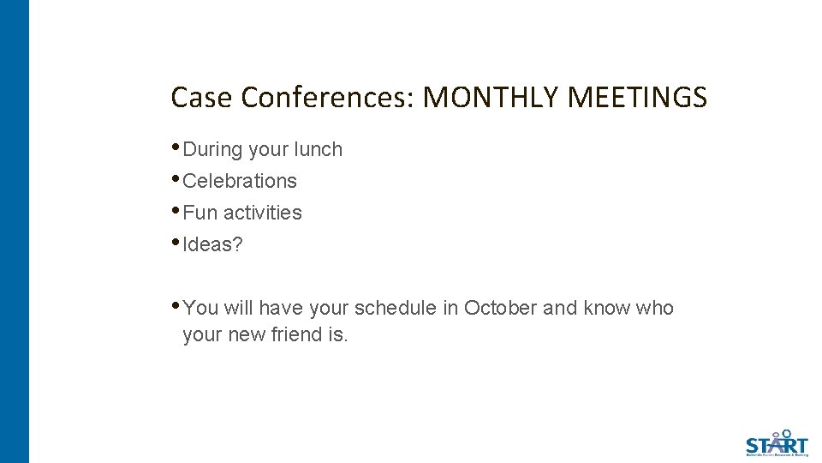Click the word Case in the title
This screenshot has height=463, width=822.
(x=202, y=98)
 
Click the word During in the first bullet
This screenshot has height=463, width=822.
(x=213, y=149)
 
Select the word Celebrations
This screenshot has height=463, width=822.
(x=240, y=181)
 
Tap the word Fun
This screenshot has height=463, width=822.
(x=200, y=213)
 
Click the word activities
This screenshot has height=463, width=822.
(x=263, y=213)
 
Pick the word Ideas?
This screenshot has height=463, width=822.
(x=213, y=244)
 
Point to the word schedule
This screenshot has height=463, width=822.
(x=395, y=308)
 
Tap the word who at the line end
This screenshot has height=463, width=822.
(x=654, y=308)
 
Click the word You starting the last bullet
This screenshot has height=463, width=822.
(x=201, y=308)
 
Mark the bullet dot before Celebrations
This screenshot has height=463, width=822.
(x=176, y=179)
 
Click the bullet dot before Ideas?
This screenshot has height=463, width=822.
(x=176, y=243)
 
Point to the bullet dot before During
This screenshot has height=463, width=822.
(x=176, y=147)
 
